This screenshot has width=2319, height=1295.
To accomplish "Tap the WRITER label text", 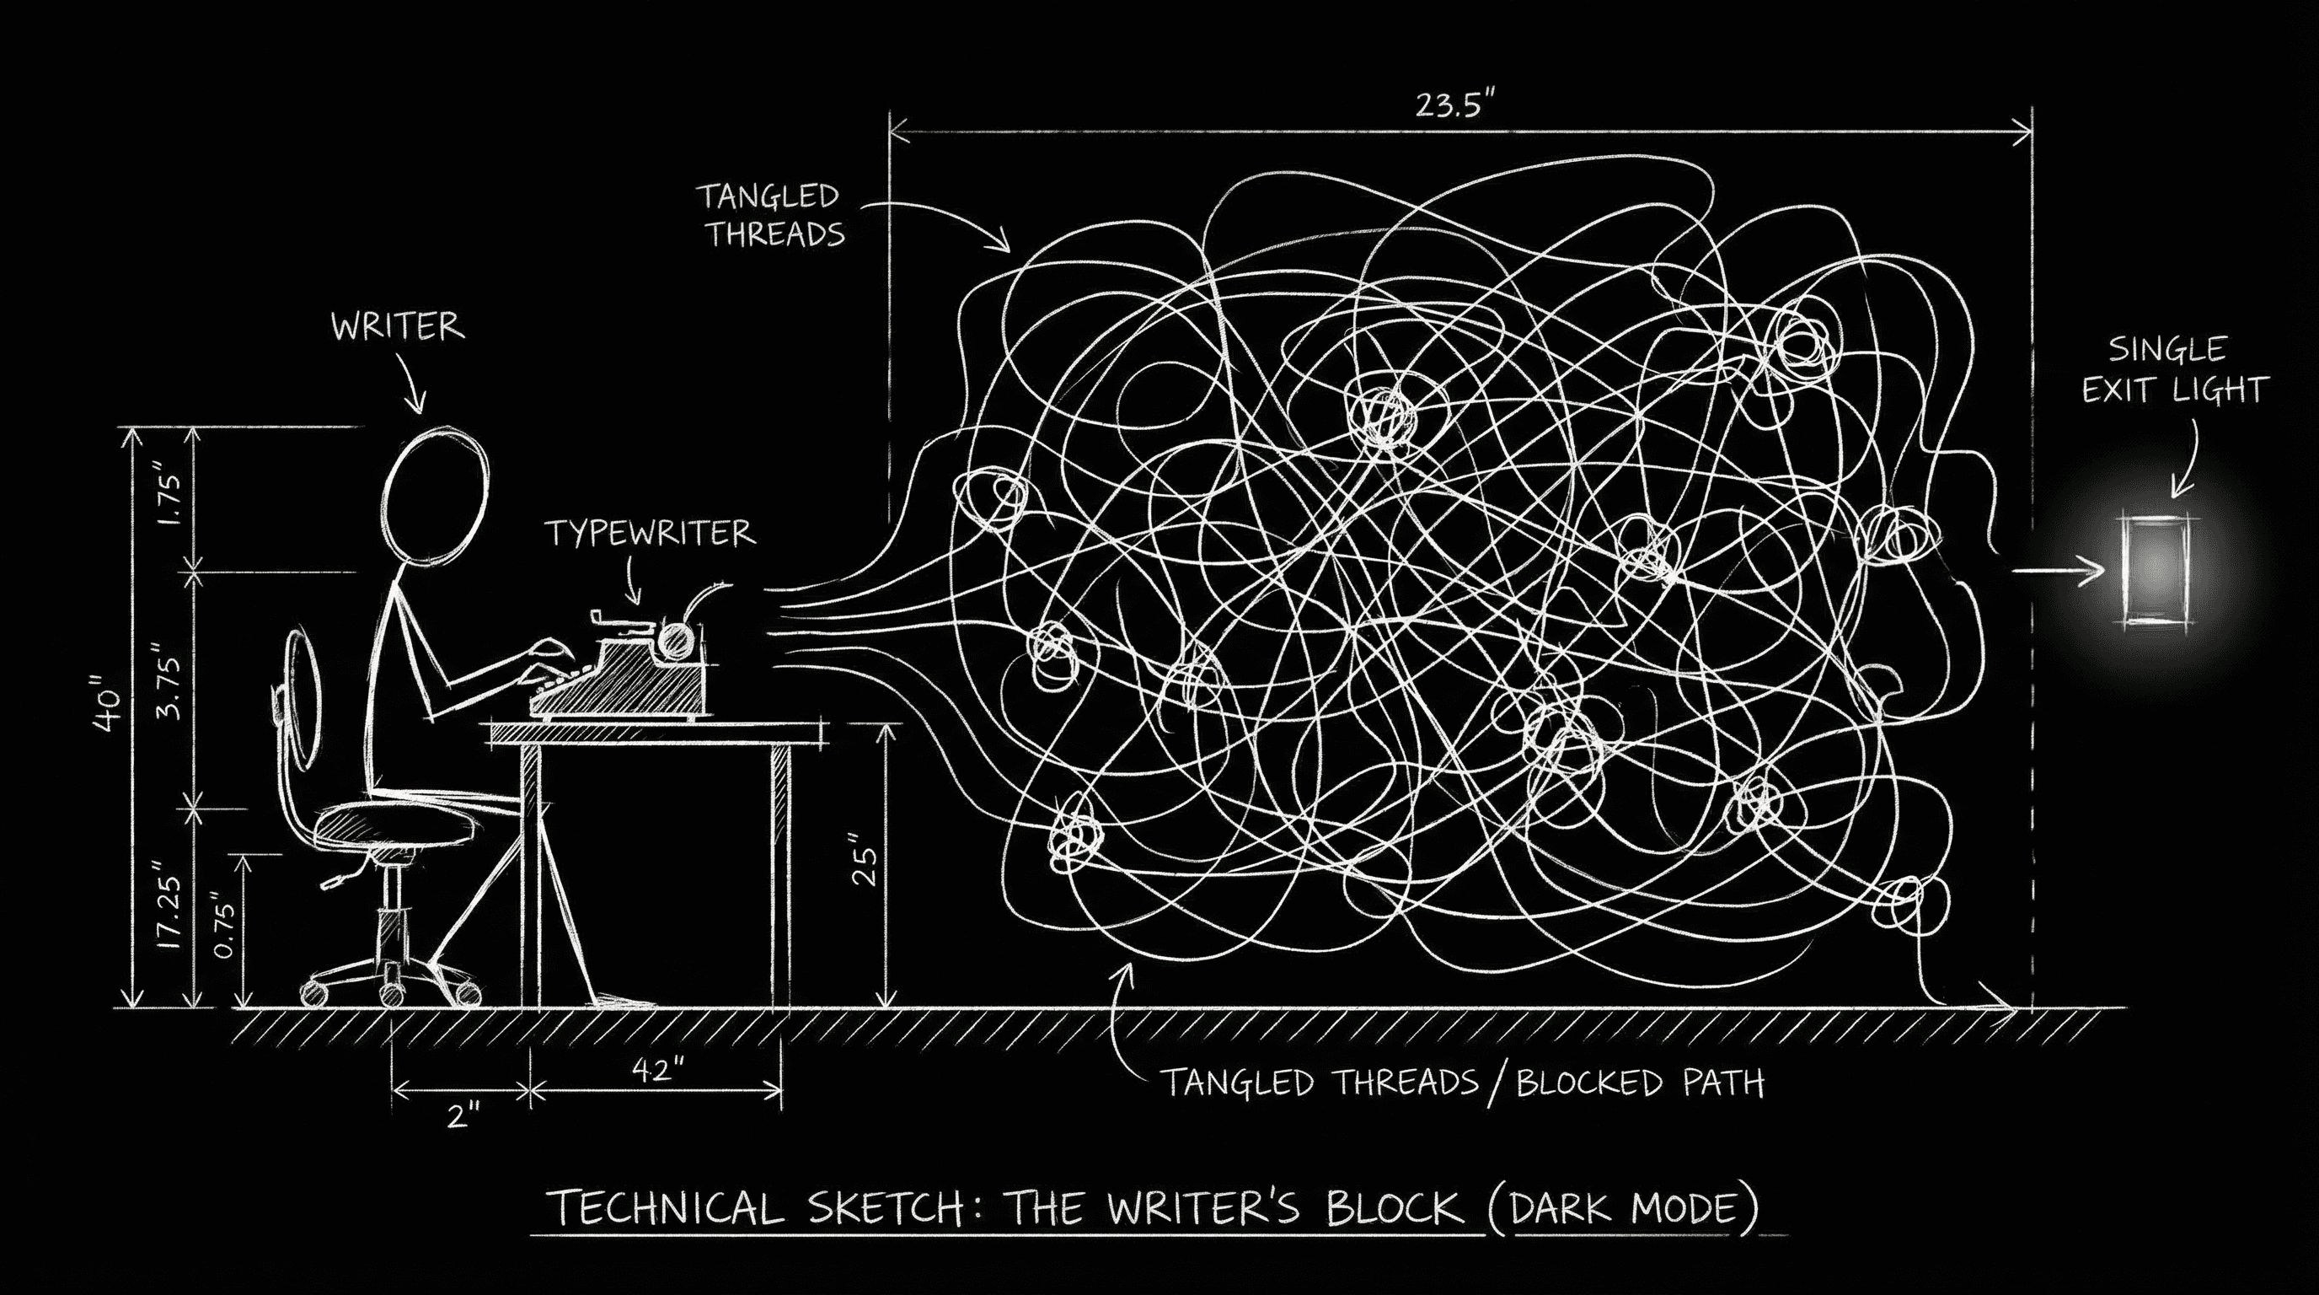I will point(398,326).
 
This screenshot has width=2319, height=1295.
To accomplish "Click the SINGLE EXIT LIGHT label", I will point(2172,370).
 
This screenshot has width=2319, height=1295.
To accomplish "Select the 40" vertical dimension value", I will point(109,712).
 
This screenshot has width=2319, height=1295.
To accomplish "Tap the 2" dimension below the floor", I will point(463,1117).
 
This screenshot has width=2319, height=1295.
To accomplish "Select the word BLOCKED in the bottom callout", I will point(1589,1083).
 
